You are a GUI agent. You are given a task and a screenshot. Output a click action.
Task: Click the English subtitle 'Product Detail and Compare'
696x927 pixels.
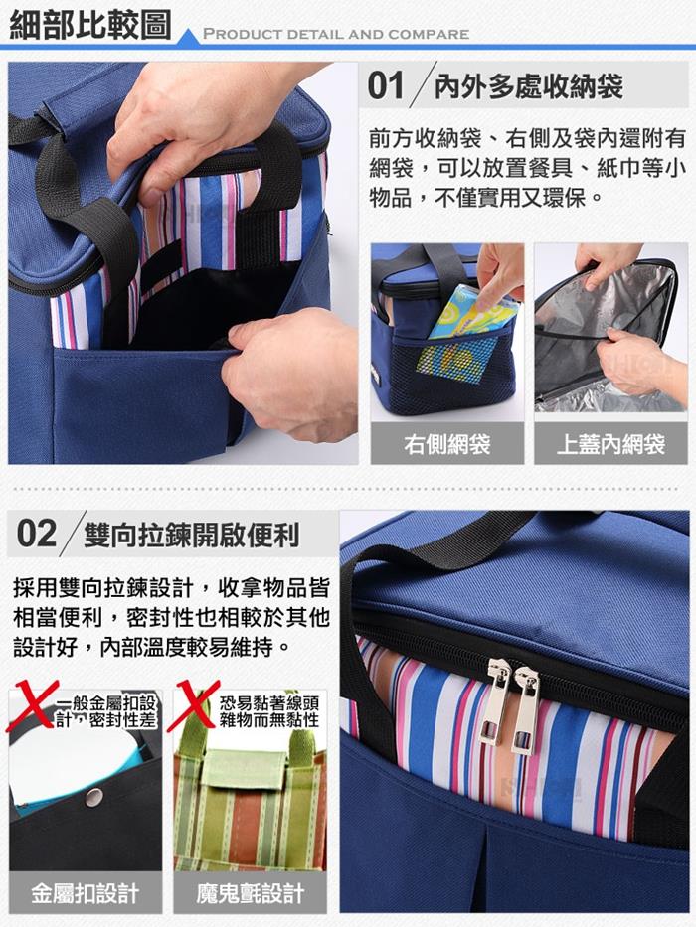336,34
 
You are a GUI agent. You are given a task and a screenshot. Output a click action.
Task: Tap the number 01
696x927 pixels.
386,85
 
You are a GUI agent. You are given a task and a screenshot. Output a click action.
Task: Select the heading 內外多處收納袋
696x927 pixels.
529,86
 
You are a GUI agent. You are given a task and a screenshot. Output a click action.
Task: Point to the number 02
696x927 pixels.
36,534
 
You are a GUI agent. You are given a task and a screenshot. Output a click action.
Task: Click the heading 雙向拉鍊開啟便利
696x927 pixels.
192,535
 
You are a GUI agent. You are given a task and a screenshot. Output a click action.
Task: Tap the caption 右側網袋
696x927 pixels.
447,444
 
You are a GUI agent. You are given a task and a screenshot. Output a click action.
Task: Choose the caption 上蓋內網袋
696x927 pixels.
610,444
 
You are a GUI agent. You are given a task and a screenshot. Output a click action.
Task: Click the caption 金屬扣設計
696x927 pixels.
86,893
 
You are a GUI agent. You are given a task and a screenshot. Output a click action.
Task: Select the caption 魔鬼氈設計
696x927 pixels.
251,893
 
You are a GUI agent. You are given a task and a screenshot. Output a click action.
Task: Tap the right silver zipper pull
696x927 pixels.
524,709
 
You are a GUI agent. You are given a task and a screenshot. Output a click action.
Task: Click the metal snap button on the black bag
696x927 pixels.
93,798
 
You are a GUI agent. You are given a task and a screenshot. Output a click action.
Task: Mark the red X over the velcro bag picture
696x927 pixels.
194,705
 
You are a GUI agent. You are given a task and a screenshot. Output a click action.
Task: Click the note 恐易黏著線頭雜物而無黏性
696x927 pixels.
269,711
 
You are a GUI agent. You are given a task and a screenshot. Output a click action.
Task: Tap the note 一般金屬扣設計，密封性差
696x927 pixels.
106,711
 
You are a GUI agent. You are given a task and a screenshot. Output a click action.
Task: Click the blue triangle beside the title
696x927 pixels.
189,37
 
